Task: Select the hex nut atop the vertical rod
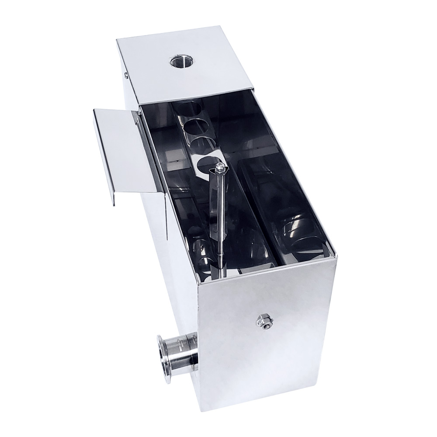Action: [220, 166]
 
